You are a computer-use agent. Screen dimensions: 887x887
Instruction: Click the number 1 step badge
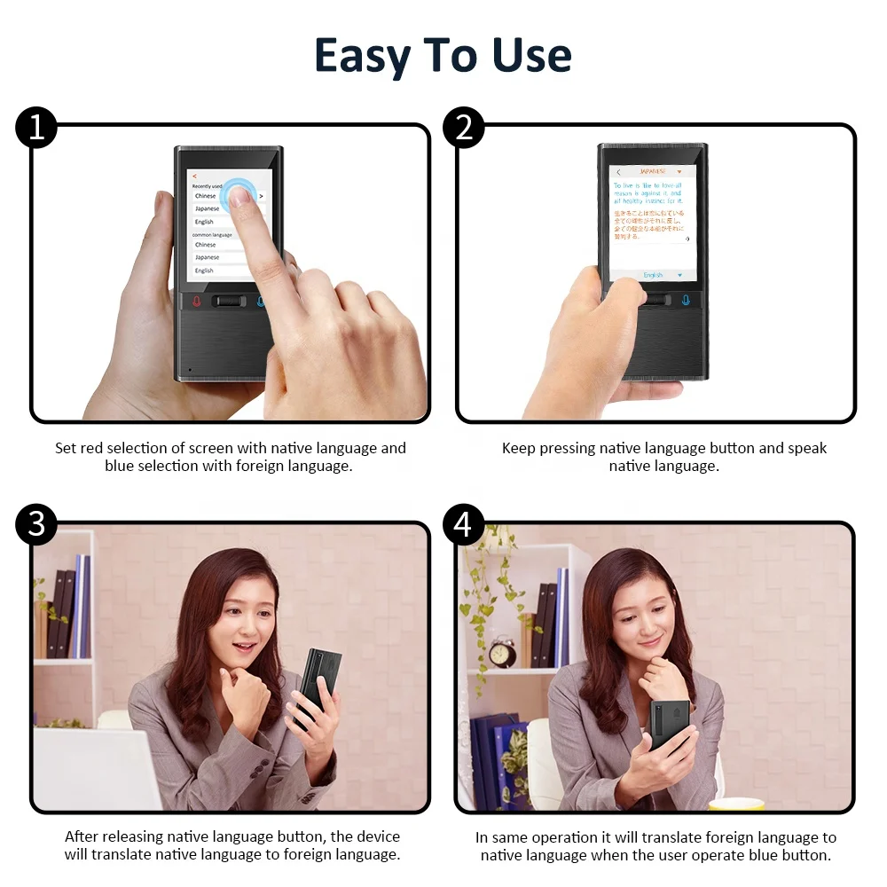36,129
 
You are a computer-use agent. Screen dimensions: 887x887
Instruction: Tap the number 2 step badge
463,129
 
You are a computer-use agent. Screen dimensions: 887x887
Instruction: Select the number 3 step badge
36,525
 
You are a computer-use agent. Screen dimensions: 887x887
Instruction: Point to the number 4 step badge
463,525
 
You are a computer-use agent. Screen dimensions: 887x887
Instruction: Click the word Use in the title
532,56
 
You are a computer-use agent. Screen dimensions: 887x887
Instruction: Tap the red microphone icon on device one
197,301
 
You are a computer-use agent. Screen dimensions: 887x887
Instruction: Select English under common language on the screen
205,271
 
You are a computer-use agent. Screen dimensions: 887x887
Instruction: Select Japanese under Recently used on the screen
207,208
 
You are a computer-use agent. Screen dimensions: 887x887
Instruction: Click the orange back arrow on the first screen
194,177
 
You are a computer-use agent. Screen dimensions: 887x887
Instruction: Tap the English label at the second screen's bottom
653,275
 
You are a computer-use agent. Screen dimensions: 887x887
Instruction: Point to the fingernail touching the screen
238,198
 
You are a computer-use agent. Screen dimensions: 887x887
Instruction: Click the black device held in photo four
671,724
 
